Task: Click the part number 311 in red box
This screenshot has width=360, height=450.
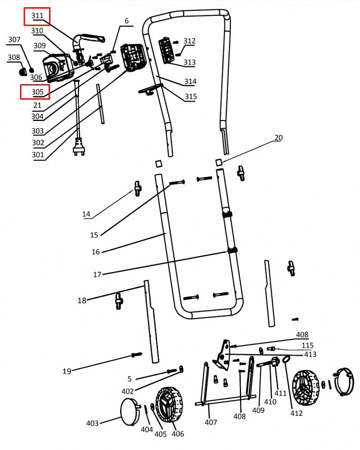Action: (37, 16)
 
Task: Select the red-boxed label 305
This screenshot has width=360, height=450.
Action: (37, 92)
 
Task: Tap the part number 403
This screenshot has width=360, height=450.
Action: (92, 423)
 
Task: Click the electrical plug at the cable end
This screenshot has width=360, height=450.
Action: (79, 147)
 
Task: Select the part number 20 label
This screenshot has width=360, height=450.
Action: (279, 138)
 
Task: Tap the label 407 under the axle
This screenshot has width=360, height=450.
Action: (211, 422)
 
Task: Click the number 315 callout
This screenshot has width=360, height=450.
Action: (190, 96)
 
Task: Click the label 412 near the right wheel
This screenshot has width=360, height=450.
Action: (296, 413)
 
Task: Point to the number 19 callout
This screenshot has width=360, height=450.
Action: (67, 371)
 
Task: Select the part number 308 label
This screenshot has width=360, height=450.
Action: (13, 57)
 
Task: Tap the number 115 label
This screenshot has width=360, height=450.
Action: (307, 345)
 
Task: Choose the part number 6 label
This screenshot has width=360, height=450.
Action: (126, 21)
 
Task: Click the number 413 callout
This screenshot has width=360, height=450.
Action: (310, 354)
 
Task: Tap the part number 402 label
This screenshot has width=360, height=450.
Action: (127, 391)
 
